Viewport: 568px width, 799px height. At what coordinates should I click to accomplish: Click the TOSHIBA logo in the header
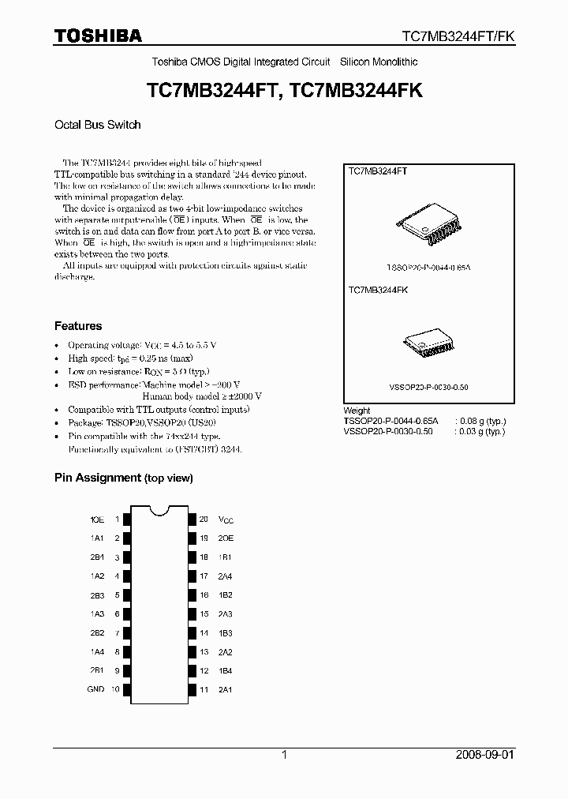click(98, 36)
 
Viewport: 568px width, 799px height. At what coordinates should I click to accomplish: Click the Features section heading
click(78, 326)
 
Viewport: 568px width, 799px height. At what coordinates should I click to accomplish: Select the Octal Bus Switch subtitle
click(97, 125)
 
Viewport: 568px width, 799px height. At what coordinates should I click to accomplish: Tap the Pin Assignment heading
click(123, 478)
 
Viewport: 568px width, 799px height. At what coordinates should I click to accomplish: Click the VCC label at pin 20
click(226, 520)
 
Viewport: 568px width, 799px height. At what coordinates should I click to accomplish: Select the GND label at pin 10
click(95, 689)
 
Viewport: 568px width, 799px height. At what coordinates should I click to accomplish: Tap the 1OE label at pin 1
click(97, 520)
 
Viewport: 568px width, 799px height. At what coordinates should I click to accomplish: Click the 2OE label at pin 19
click(226, 538)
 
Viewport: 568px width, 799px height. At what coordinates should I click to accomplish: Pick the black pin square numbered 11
click(191, 689)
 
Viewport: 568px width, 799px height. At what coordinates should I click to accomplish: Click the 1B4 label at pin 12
click(225, 670)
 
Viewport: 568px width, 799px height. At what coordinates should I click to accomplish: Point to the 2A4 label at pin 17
click(225, 576)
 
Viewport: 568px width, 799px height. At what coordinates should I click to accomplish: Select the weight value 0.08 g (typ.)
click(480, 422)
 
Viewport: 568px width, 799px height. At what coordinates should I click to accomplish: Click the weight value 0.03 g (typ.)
click(480, 432)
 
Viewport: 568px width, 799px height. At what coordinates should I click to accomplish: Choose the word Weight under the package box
click(357, 411)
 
